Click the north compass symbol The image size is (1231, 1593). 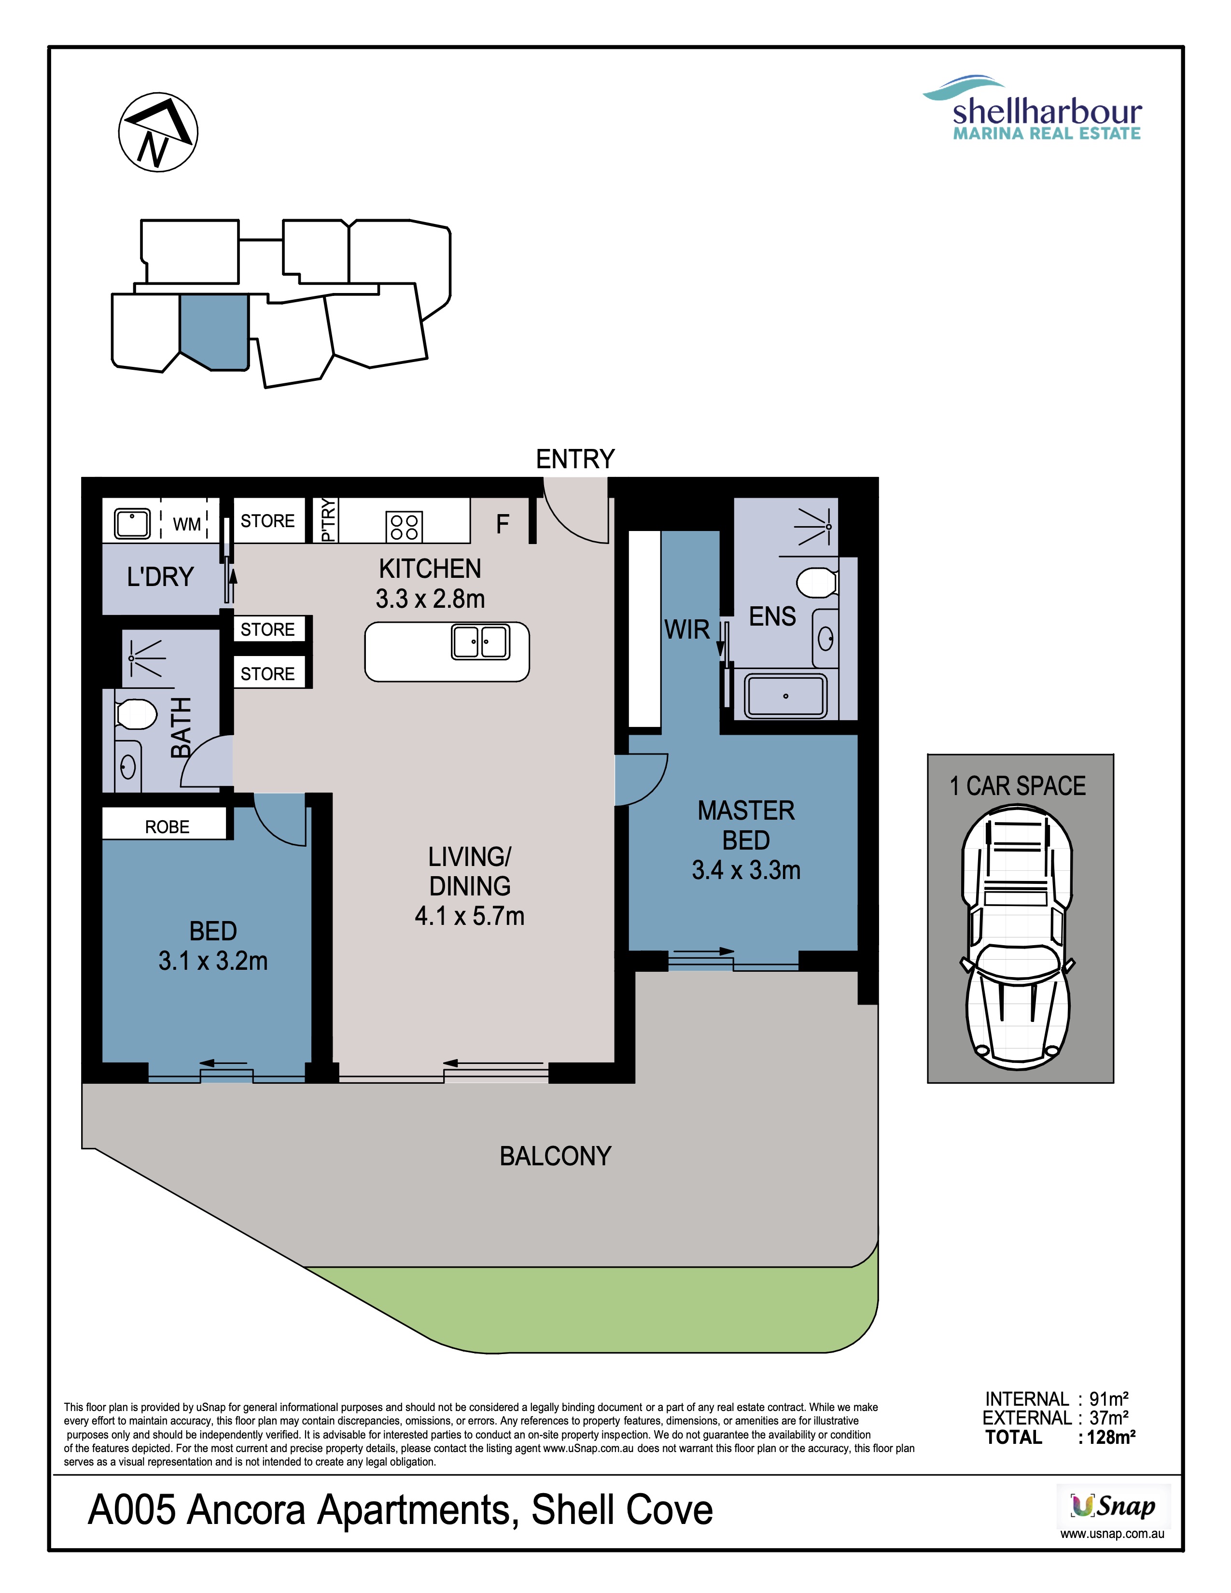158,132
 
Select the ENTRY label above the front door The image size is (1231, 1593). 575,459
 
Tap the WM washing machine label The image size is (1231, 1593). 187,524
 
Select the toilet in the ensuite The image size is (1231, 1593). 817,583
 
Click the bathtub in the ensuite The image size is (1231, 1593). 785,695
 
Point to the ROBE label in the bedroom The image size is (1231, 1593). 167,826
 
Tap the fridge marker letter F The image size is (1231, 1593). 503,524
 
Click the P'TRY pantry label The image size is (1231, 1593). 328,520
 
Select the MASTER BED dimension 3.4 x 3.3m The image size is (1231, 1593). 746,870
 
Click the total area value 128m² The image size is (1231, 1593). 1111,1437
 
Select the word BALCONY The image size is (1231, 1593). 555,1156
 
